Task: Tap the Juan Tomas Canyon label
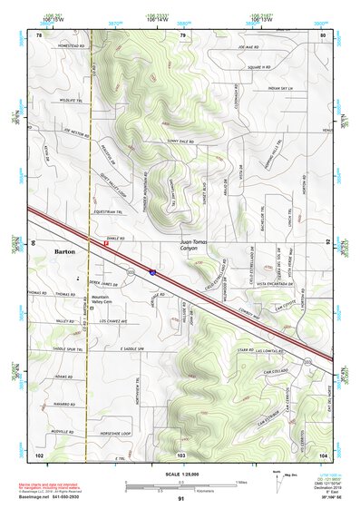coord(187,246)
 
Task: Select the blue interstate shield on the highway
coord(152,270)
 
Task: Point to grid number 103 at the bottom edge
coord(181,454)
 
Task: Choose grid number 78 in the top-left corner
coord(39,34)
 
